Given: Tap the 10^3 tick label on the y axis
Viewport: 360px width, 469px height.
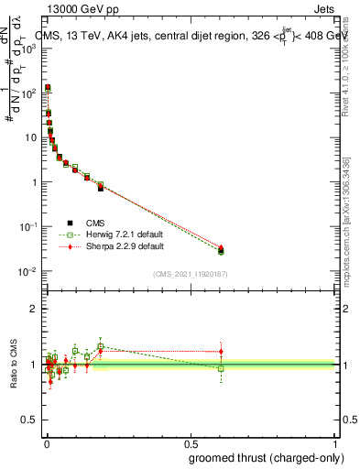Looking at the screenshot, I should (27, 49).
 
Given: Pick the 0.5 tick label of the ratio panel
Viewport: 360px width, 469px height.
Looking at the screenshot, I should (29, 420).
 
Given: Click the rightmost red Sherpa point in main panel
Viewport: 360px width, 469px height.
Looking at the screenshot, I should (221, 247).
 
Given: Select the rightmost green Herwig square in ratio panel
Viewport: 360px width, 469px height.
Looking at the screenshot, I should (221, 368).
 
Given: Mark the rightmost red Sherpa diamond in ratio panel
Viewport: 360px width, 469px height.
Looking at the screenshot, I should (221, 351).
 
